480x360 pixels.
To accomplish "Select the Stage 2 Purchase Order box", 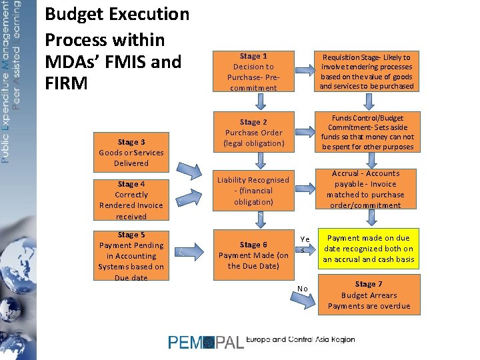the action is point(253,132).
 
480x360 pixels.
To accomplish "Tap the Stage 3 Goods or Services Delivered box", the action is point(131,152).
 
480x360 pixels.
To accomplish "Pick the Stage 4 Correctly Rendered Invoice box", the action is point(131,199).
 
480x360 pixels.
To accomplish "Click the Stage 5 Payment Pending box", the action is point(131,255).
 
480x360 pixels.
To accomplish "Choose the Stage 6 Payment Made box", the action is point(253,255).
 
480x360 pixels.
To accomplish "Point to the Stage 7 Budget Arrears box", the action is point(369,295).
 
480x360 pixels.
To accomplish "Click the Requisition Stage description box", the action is point(366,71).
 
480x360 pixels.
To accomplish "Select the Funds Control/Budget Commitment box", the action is point(366,132).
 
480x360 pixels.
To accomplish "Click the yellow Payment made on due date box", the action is point(368,248).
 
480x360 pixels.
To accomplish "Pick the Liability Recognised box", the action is point(253,190).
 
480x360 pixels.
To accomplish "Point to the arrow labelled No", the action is point(305,299).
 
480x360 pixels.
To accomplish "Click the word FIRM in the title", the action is point(66,85).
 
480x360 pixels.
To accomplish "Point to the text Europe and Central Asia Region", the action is point(300,340).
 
